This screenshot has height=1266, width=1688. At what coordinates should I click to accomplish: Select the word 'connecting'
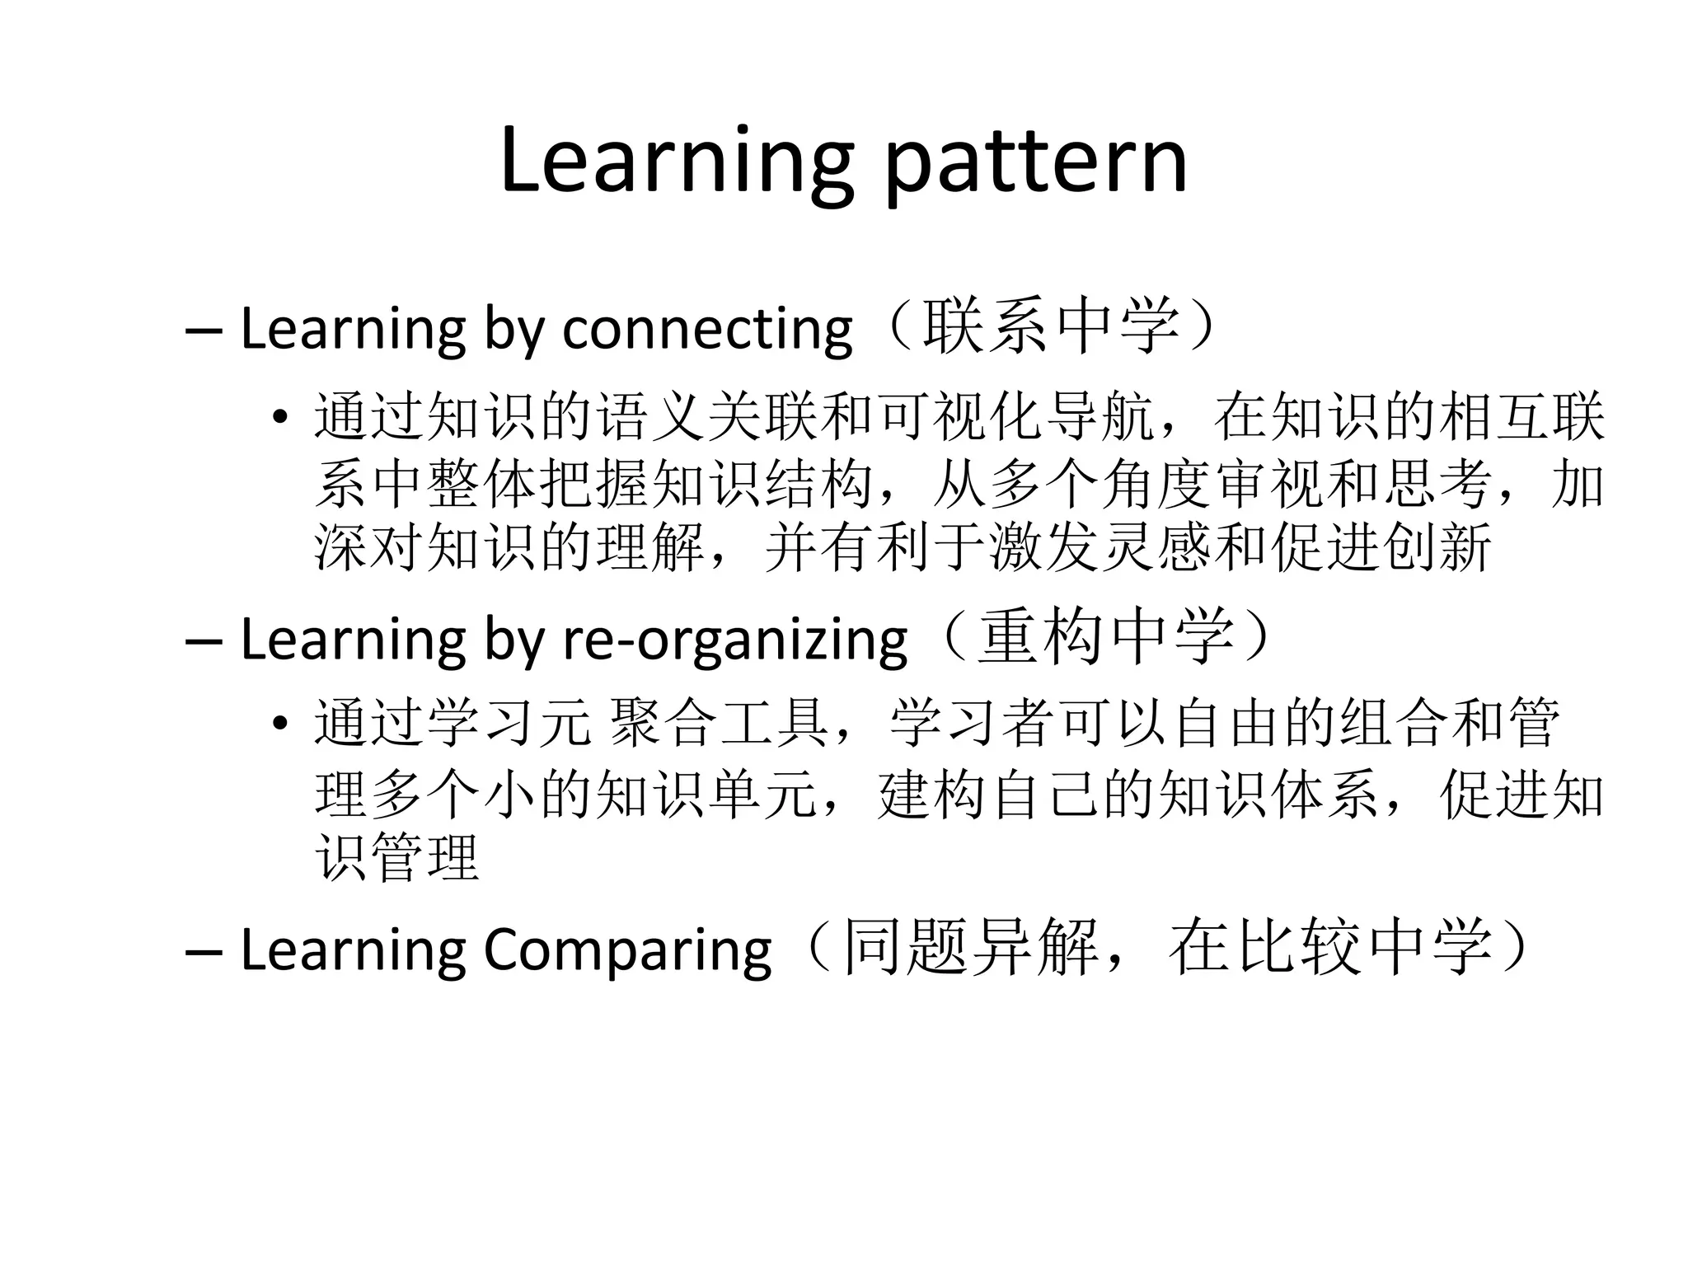click(x=707, y=330)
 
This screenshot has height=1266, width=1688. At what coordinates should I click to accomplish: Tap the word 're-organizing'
click(x=734, y=640)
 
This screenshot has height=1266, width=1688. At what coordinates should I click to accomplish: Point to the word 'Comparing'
click(x=627, y=950)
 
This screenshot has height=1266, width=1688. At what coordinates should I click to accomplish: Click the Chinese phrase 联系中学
click(x=1051, y=326)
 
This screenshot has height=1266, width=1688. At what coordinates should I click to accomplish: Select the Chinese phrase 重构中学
click(x=1105, y=637)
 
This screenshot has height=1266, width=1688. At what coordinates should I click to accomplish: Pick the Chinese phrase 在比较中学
click(x=1329, y=948)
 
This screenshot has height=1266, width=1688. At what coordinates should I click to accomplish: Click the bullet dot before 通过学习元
click(x=280, y=724)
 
